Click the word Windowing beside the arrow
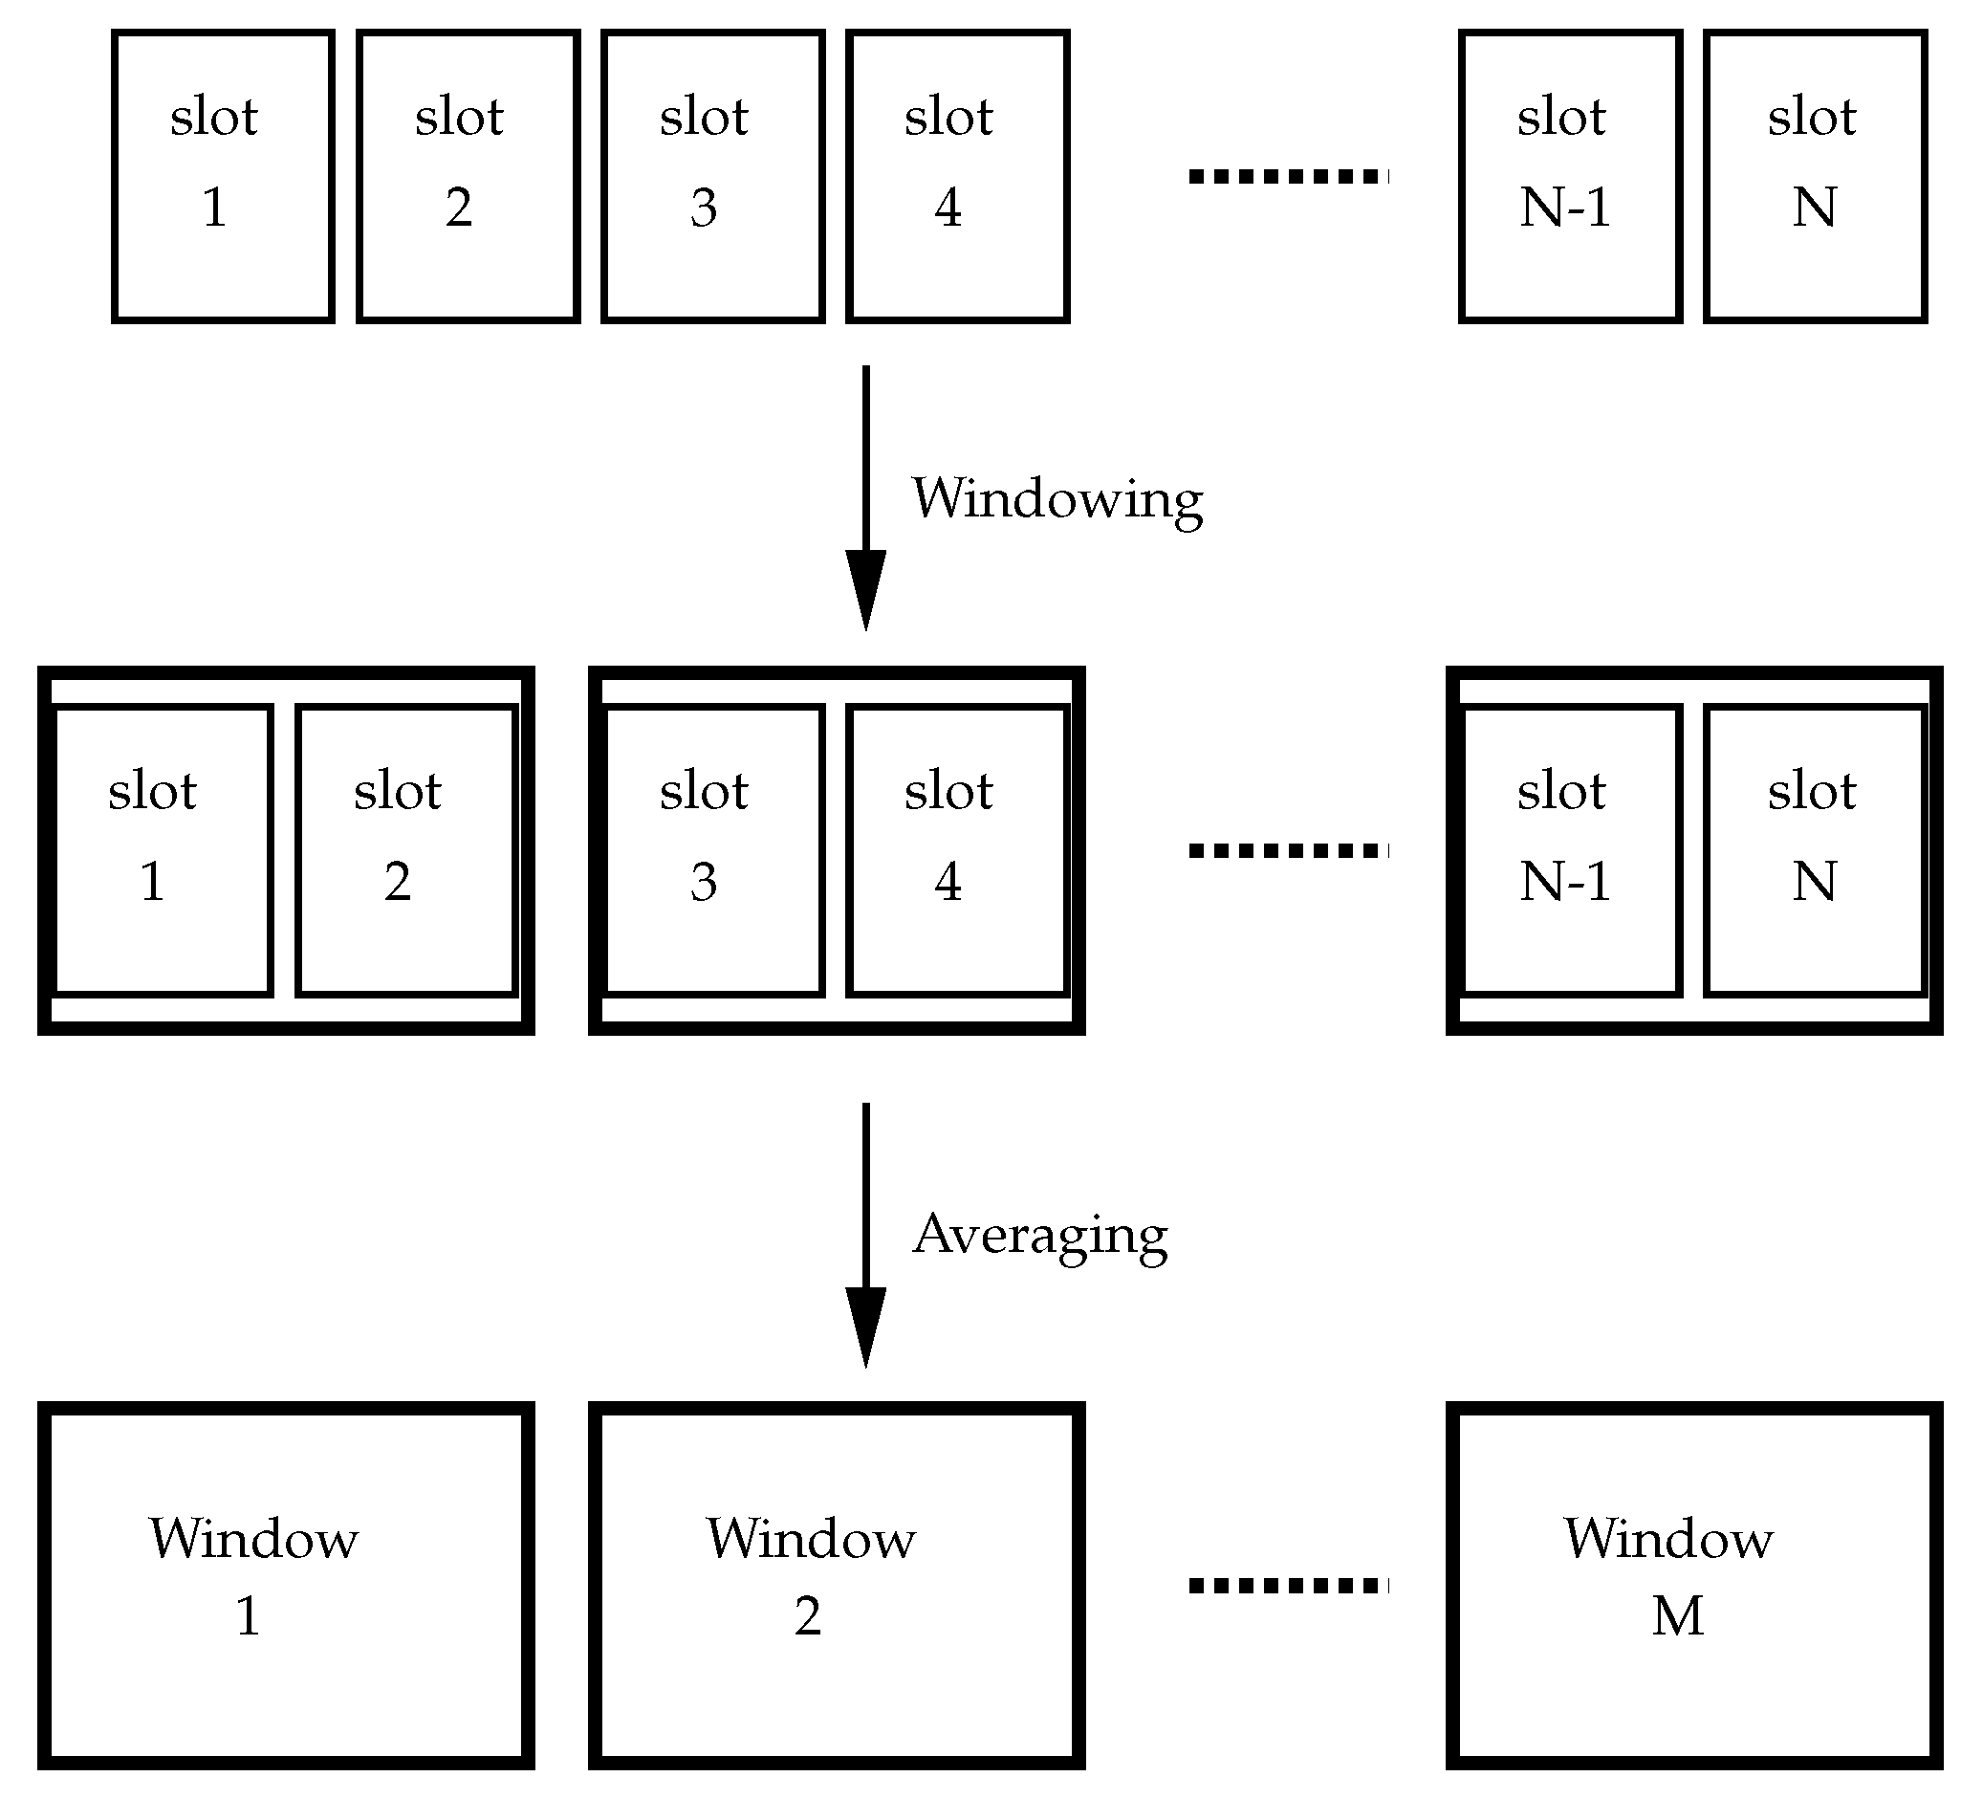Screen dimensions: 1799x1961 point(1057,500)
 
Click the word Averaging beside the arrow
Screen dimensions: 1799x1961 point(1039,1236)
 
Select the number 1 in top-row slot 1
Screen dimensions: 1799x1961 point(215,208)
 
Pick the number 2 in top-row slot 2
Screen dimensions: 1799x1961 point(459,208)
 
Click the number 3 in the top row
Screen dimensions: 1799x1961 point(704,208)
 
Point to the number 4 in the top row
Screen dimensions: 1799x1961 point(948,208)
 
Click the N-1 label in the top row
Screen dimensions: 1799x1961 point(1565,208)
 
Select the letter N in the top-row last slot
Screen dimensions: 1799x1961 point(1814,208)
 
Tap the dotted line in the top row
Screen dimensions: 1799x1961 point(1288,176)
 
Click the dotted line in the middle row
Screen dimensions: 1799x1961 point(1288,851)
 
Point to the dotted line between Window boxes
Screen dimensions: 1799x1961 point(1288,1586)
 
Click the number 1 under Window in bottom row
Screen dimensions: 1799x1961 point(249,1617)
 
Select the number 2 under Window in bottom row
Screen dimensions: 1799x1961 point(807,1617)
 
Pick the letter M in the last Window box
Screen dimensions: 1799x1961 point(1678,1617)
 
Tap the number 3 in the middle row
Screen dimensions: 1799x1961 point(704,882)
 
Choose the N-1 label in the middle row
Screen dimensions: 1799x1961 point(1565,882)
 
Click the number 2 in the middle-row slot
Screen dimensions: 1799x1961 point(397,882)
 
